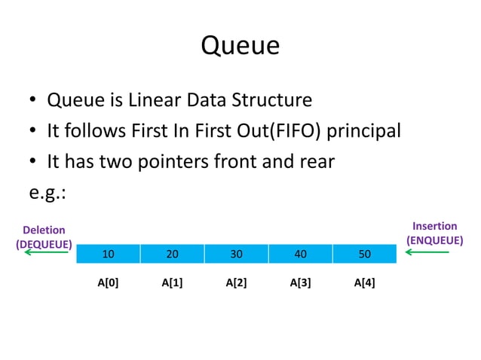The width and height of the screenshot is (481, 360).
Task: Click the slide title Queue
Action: click(x=240, y=47)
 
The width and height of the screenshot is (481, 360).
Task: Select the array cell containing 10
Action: click(x=109, y=255)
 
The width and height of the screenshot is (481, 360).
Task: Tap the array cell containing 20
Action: click(x=173, y=255)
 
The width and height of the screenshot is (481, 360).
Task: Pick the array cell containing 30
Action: click(x=236, y=255)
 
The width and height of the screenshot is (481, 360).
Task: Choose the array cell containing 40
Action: click(x=300, y=255)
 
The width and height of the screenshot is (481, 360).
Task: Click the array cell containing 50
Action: click(x=364, y=255)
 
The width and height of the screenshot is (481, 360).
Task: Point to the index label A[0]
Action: click(x=109, y=284)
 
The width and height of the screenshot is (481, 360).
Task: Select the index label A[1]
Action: click(x=173, y=284)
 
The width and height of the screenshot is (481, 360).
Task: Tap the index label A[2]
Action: click(x=236, y=284)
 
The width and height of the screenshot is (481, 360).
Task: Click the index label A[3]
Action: click(x=300, y=284)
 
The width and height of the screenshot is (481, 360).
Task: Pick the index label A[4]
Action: click(x=364, y=284)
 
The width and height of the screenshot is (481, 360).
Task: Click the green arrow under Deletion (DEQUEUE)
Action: click(x=47, y=252)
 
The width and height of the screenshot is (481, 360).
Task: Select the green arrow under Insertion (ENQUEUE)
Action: click(x=427, y=252)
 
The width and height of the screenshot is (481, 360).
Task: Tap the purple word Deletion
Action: click(x=44, y=230)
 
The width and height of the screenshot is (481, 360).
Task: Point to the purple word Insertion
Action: click(x=434, y=226)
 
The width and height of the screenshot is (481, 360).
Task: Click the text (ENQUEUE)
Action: click(x=434, y=240)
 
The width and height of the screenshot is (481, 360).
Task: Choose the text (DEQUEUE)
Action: click(x=44, y=244)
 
